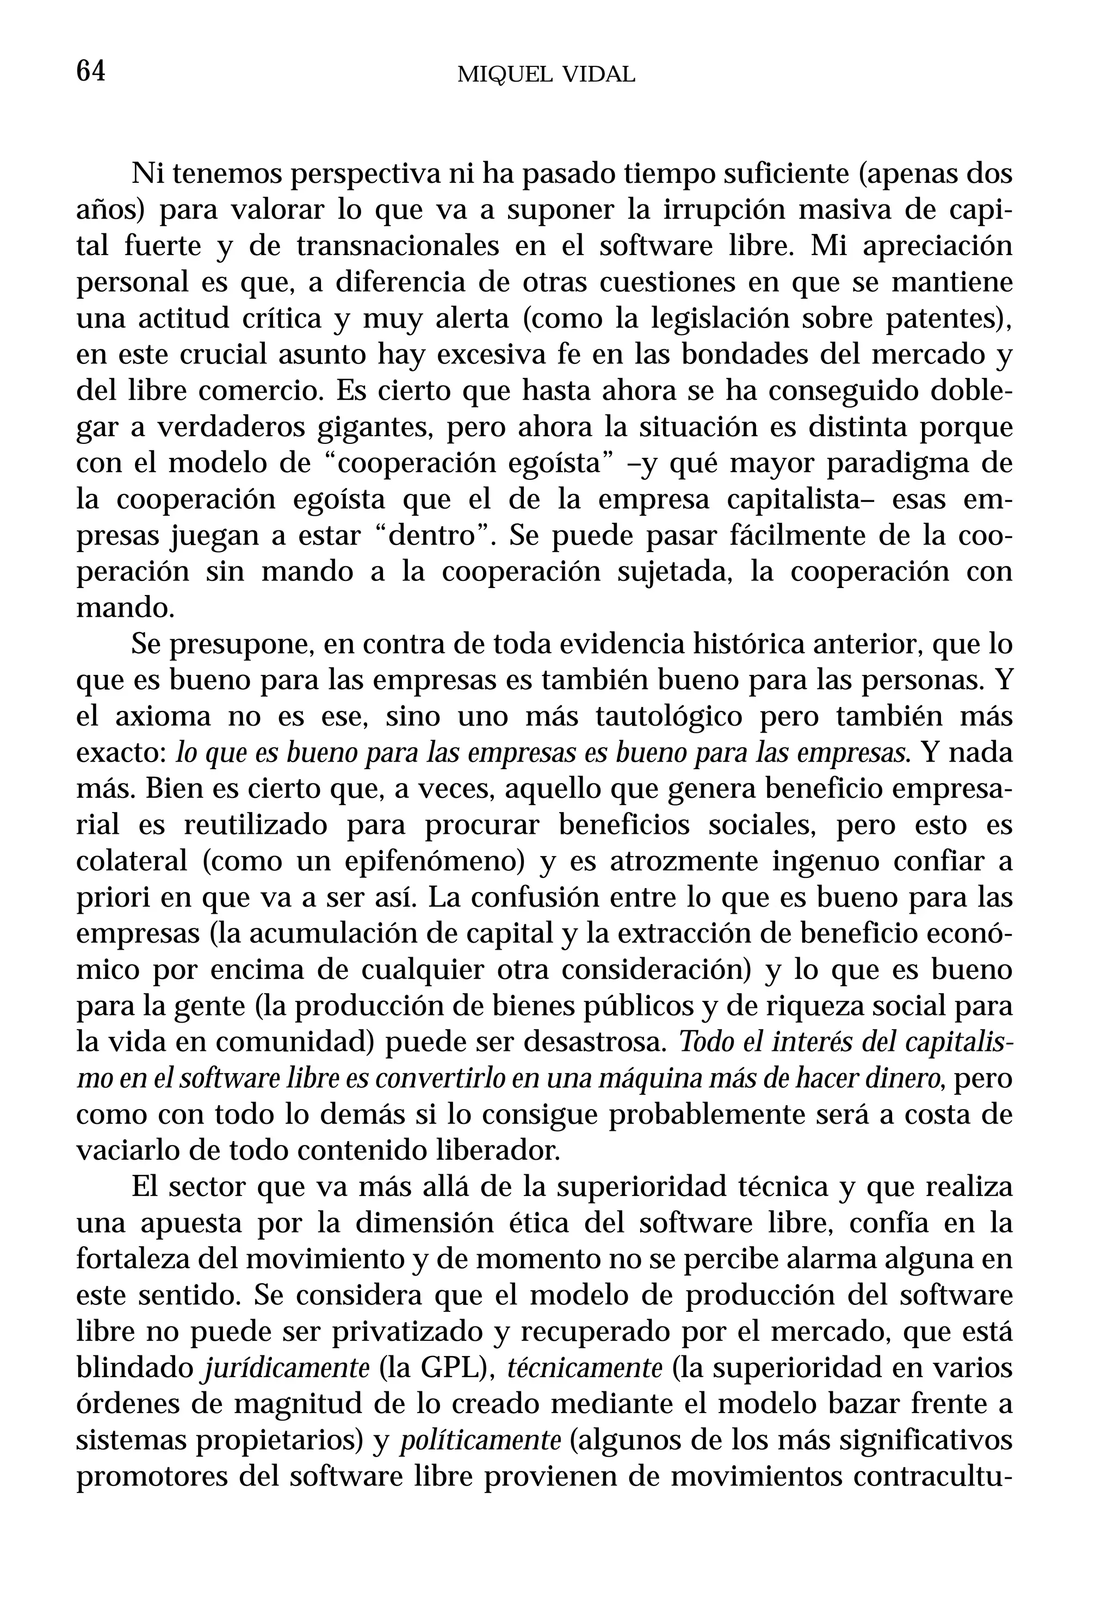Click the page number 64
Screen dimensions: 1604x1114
[91, 71]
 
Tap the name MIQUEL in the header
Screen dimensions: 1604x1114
[499, 75]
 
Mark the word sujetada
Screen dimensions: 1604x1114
[675, 572]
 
